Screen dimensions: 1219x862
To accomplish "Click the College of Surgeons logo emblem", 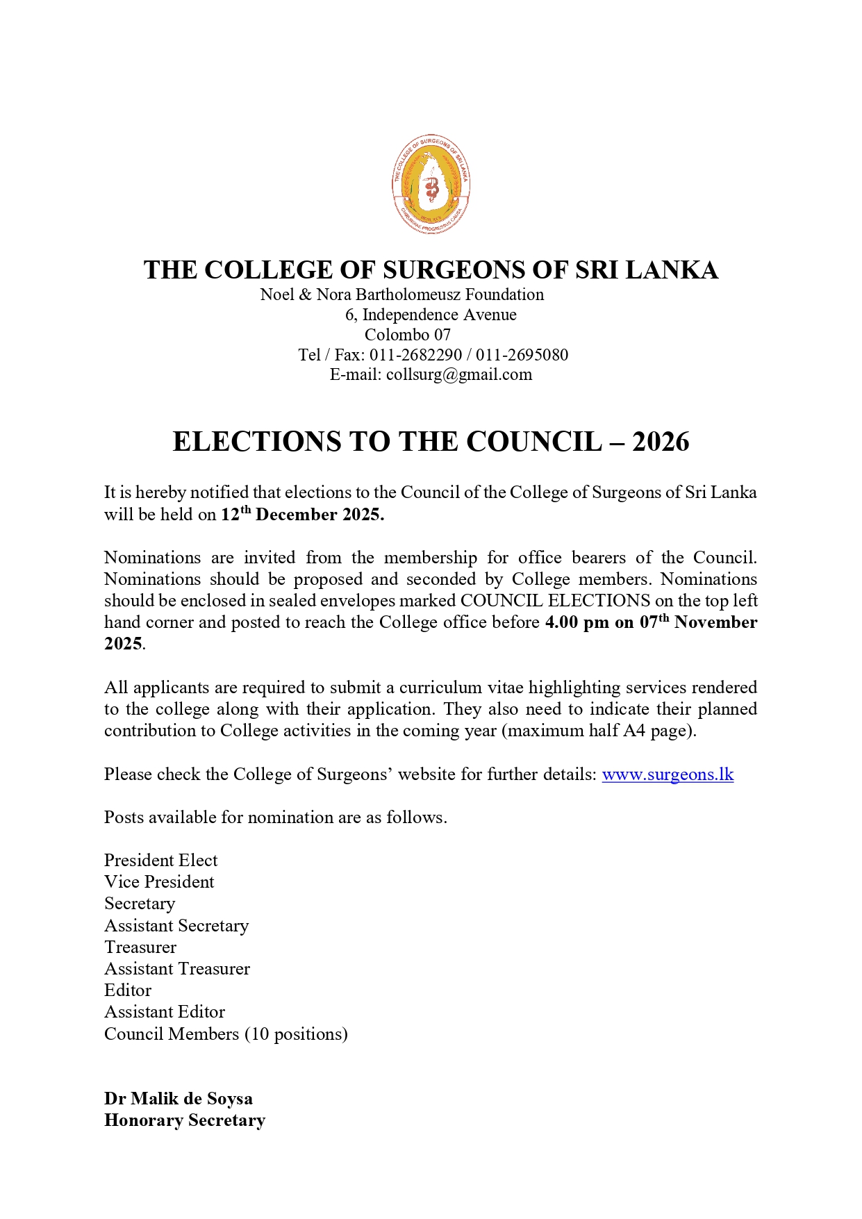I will click(431, 185).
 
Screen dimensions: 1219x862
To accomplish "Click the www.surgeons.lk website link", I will click(668, 774).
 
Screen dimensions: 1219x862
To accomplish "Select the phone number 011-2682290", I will click(415, 355).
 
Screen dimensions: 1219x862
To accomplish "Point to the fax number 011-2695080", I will click(522, 355).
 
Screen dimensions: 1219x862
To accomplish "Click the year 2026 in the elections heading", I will click(661, 442).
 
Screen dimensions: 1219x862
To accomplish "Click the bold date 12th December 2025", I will click(302, 515).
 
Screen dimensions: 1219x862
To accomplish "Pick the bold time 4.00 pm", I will click(577, 622).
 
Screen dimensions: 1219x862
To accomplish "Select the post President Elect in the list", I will click(160, 861).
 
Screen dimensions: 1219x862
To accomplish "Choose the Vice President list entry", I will click(159, 882).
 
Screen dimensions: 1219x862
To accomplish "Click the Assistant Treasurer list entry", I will click(177, 969).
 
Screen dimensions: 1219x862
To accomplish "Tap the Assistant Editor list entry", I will click(165, 1012).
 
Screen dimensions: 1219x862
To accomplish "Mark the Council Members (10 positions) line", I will click(226, 1034).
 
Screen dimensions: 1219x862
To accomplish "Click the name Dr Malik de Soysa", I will click(179, 1099).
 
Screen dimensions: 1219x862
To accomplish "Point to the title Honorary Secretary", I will click(185, 1120).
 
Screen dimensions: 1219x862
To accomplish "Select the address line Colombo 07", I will click(408, 335).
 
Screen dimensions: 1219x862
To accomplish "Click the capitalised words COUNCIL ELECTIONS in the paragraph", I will click(555, 601).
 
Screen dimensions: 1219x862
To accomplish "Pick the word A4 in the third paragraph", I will click(633, 731).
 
